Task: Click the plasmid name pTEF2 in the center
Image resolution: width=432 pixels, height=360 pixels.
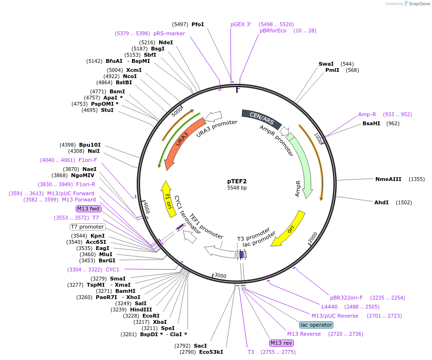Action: [237, 181]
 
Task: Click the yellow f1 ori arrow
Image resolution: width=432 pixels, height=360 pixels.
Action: [168, 198]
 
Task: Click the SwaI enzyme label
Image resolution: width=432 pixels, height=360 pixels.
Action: [326, 64]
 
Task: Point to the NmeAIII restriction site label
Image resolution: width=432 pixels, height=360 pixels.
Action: [388, 179]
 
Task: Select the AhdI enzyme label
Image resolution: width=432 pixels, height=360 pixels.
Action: [382, 202]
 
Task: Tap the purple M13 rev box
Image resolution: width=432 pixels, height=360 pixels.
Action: [281, 343]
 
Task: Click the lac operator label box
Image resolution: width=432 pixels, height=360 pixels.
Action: [316, 325]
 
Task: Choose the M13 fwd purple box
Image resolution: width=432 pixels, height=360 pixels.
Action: [89, 209]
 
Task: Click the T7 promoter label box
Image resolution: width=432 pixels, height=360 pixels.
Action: [87, 227]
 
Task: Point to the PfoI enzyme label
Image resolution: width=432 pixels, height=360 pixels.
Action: [197, 24]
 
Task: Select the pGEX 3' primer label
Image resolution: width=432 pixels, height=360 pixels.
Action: [241, 24]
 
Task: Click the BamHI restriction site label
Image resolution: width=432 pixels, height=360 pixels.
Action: [125, 291]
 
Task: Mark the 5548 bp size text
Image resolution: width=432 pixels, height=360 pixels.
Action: [237, 188]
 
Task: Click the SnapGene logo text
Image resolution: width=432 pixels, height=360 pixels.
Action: [417, 4]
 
